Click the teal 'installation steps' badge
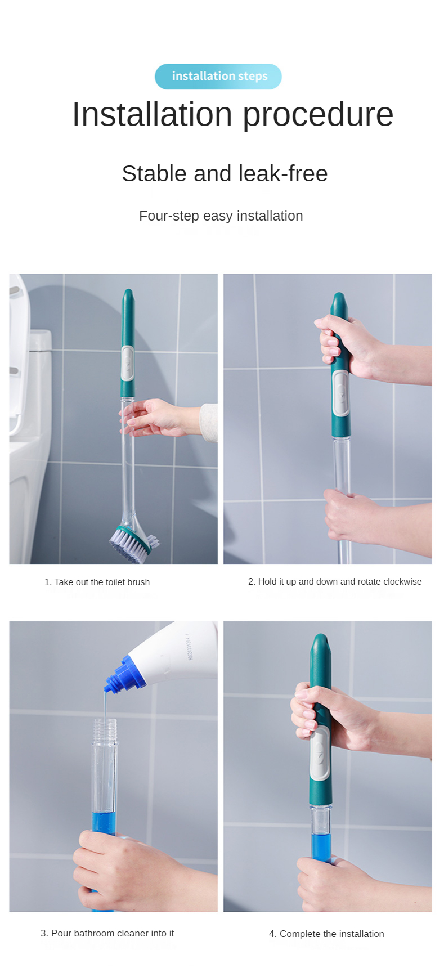click(218, 77)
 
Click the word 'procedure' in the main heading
click(318, 115)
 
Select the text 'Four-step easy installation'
click(221, 216)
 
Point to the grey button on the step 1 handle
click(128, 364)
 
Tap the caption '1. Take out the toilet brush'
click(97, 582)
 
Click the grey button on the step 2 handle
click(341, 392)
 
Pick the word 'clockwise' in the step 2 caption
click(402, 581)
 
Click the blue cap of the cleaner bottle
click(125, 674)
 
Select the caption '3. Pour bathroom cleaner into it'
click(107, 933)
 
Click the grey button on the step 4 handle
click(320, 754)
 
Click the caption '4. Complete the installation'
click(326, 934)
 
